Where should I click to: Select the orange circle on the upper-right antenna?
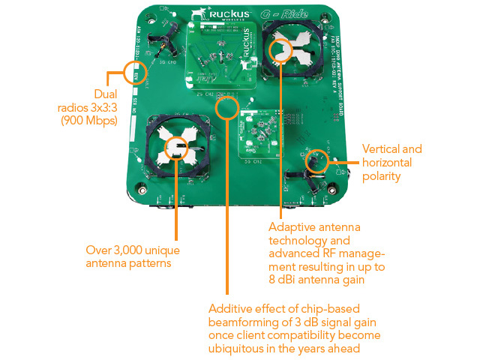(x=281, y=49)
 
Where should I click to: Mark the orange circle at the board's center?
(x=226, y=110)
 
